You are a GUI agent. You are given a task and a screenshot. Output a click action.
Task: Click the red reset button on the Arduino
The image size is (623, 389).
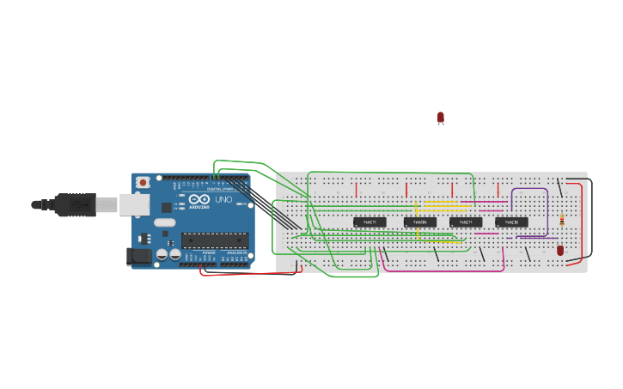(x=143, y=182)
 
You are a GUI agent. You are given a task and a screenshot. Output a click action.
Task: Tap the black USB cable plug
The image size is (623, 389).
(x=74, y=204)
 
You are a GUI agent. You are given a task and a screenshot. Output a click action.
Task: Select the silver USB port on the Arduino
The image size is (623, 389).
(x=133, y=204)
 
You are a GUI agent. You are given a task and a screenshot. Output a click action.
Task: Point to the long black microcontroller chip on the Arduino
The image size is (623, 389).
(x=214, y=240)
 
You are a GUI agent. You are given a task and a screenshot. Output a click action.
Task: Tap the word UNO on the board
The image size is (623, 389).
(x=223, y=200)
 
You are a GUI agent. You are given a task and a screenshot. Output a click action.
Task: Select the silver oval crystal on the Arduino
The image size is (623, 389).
(x=165, y=222)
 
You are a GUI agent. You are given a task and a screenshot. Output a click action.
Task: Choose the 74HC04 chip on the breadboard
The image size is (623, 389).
(x=420, y=222)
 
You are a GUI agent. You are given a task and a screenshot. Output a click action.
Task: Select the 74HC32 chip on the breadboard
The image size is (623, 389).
(x=511, y=222)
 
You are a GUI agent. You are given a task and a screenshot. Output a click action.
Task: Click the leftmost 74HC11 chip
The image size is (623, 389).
(x=370, y=222)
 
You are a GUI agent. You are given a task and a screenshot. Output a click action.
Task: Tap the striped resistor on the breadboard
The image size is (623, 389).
(x=562, y=220)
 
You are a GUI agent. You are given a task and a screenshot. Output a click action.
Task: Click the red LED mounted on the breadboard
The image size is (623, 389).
(x=560, y=250)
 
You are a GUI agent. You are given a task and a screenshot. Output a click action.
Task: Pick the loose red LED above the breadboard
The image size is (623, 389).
(x=441, y=117)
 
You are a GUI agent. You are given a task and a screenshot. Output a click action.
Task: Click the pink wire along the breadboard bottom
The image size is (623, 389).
(x=443, y=270)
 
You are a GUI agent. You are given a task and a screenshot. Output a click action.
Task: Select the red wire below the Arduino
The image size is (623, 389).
(x=249, y=274)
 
